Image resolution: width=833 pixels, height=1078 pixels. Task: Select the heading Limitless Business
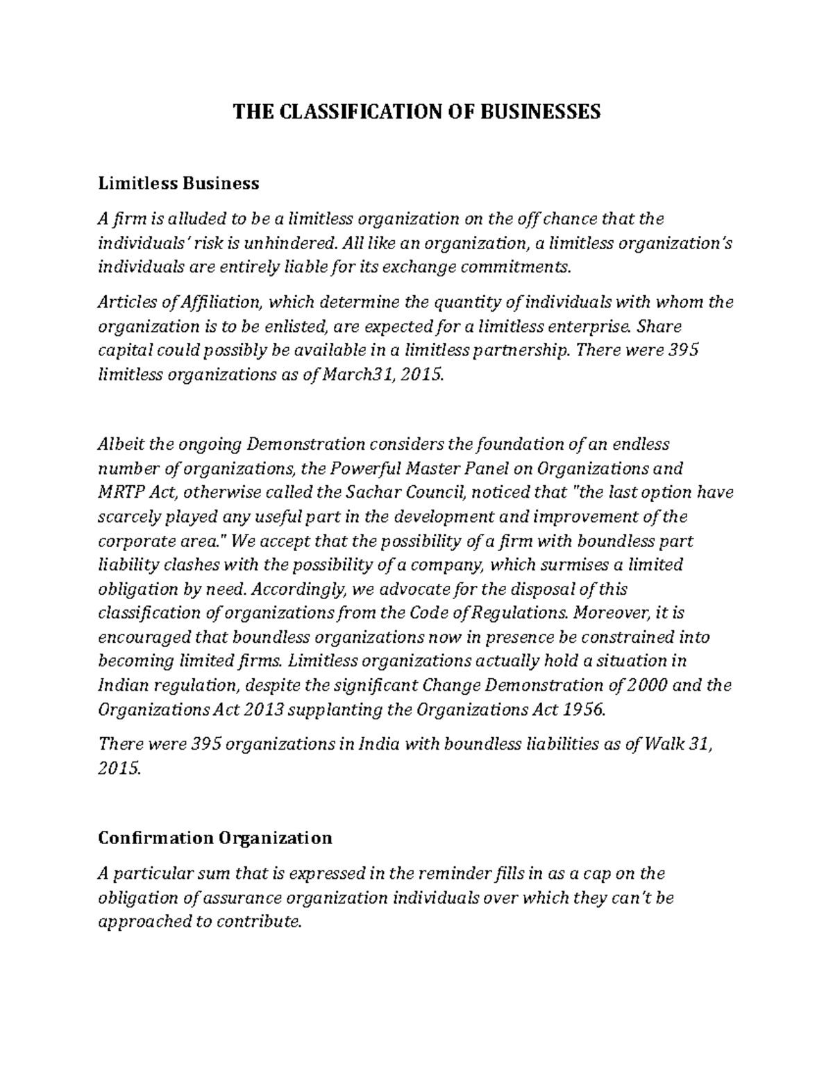tap(178, 183)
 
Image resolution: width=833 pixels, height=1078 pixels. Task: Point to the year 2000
tap(647, 686)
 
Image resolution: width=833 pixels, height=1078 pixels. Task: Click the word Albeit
tap(121, 444)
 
